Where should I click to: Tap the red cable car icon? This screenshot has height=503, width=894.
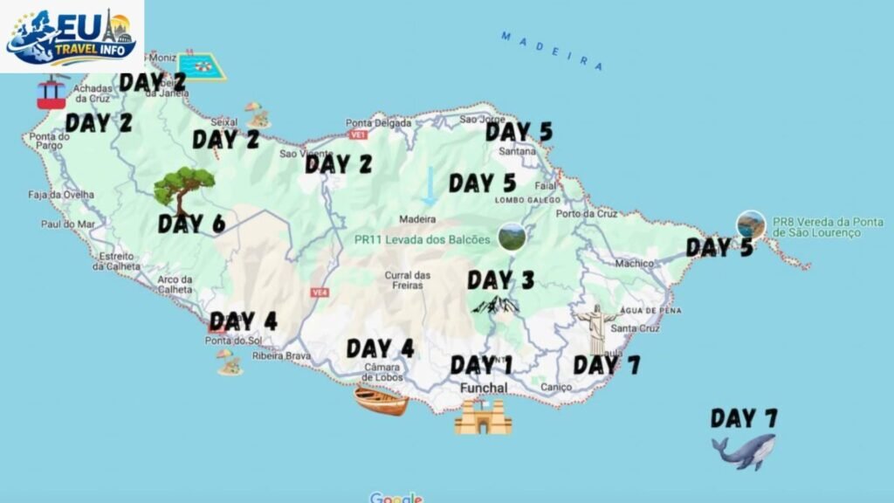52,92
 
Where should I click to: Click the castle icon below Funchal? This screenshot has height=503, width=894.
482,417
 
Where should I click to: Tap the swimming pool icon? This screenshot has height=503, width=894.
202,66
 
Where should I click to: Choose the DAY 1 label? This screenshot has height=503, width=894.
481,364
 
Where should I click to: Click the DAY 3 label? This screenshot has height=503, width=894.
500,280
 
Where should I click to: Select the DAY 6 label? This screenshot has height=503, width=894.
191,224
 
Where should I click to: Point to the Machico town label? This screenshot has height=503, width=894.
634,262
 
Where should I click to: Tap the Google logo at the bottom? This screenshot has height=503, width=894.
395,498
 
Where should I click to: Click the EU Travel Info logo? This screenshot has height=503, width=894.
72,36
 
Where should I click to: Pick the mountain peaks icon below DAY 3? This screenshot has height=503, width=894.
495,304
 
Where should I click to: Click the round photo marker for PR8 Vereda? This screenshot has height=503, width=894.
750,224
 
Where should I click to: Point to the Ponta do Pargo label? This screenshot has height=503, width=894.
50,142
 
